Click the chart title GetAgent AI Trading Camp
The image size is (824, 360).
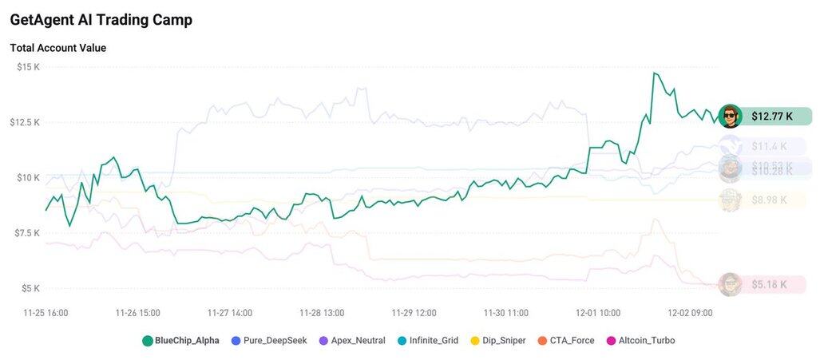[101, 20]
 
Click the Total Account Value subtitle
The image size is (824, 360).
[57, 48]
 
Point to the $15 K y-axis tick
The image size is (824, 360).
[28, 67]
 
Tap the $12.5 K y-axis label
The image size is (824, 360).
[25, 122]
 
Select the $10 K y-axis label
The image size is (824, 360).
[28, 177]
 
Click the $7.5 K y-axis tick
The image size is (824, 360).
[26, 232]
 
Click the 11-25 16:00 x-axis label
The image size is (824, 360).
[46, 313]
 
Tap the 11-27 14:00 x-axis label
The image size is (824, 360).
[230, 313]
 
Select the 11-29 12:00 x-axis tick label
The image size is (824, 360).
[414, 313]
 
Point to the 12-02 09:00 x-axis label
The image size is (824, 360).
[690, 313]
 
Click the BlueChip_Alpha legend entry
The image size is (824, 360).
[180, 341]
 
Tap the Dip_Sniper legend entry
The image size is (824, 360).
[498, 341]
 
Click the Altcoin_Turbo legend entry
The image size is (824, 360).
[640, 341]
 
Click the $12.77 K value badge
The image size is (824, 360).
[772, 117]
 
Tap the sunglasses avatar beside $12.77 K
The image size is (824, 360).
[730, 117]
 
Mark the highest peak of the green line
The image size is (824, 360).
[654, 73]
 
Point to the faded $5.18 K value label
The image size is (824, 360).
[769, 284]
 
